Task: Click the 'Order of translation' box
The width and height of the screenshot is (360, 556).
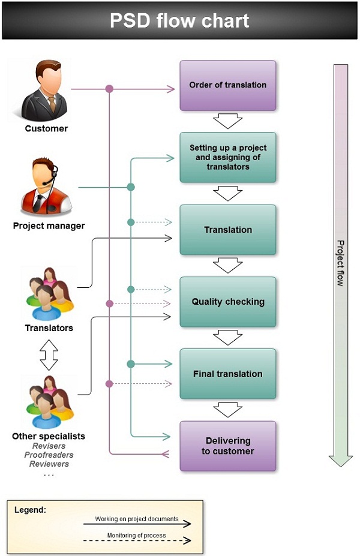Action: click(x=228, y=85)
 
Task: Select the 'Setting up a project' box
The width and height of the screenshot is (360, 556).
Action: click(x=228, y=157)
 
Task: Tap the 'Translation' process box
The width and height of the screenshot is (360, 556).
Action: click(x=228, y=230)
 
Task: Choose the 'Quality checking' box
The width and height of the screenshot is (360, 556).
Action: click(x=228, y=302)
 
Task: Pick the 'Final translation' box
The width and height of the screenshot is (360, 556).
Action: click(x=228, y=374)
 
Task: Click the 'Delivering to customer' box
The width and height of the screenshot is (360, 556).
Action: click(x=228, y=446)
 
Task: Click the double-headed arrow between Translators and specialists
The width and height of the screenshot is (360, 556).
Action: click(x=49, y=355)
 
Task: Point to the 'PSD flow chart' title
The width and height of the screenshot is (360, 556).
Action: click(x=179, y=21)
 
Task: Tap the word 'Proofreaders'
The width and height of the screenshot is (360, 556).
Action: click(x=49, y=455)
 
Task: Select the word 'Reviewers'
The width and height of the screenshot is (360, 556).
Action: click(x=49, y=464)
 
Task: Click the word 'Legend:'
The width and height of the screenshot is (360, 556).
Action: click(x=31, y=510)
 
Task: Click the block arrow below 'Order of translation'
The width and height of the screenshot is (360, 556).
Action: click(x=228, y=121)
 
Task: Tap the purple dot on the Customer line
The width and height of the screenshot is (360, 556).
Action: click(x=109, y=89)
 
